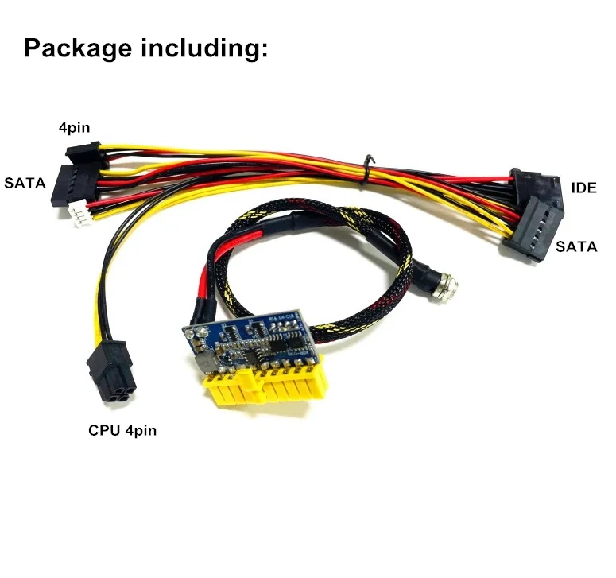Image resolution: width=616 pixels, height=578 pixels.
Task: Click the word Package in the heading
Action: pyautogui.click(x=78, y=48)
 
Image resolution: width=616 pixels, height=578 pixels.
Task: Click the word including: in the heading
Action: pyautogui.click(x=205, y=48)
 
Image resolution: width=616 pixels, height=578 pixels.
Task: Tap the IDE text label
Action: pyautogui.click(x=583, y=188)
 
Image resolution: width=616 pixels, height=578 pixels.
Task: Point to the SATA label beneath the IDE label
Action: pyautogui.click(x=576, y=247)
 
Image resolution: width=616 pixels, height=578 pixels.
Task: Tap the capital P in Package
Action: pyautogui.click(x=33, y=48)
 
